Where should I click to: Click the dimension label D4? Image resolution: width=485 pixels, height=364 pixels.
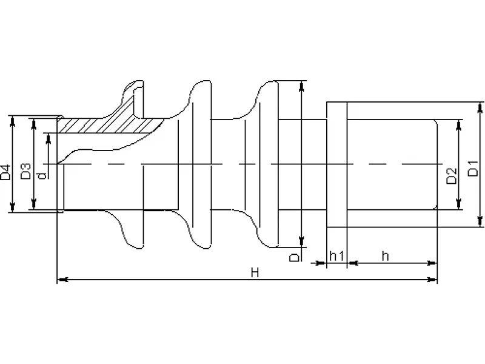click(x=5, y=172)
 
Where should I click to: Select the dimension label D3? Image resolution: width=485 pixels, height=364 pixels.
click(x=26, y=171)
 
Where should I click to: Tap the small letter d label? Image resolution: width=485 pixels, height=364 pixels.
click(x=42, y=176)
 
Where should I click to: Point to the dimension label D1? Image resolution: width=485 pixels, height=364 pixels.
click(x=473, y=169)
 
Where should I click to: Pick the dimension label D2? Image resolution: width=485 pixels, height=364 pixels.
click(x=452, y=176)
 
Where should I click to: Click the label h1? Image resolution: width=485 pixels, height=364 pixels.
click(x=336, y=256)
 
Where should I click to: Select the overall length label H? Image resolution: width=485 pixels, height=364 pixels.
click(x=255, y=272)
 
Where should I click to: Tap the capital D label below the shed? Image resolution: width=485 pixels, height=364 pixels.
click(x=295, y=257)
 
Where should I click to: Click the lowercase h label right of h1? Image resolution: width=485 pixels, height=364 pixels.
click(x=385, y=256)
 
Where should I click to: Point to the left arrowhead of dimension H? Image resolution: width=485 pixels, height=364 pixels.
click(x=62, y=280)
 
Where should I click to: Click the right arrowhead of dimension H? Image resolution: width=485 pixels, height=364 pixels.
click(x=432, y=280)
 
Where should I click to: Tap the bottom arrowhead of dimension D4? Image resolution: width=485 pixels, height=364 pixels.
click(x=12, y=207)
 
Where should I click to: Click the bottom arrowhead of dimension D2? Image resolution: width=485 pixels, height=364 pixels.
click(x=459, y=204)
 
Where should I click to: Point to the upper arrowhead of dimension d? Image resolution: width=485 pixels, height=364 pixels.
click(x=48, y=139)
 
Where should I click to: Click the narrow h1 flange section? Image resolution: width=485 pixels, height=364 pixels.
click(x=337, y=164)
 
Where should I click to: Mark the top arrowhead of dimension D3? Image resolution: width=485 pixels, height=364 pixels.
click(x=34, y=124)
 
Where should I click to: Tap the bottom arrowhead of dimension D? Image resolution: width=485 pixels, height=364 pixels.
click(x=301, y=242)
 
